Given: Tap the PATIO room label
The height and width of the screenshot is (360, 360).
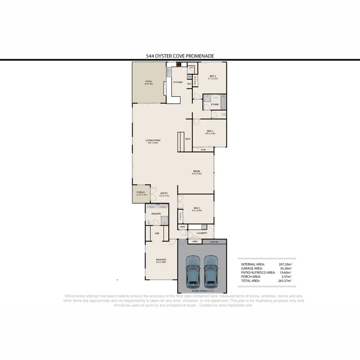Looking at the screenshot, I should click(x=148, y=83).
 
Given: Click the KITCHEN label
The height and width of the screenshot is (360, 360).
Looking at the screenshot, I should click(x=178, y=82).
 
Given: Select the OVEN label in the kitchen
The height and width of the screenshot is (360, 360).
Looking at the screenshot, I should click(x=189, y=76).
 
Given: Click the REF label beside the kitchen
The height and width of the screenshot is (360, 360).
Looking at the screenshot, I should click(x=189, y=84).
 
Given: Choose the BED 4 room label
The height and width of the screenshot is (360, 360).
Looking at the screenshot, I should click(x=212, y=77).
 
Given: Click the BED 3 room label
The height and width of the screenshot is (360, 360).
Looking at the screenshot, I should click(x=210, y=132).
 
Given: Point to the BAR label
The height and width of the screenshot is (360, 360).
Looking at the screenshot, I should click(x=188, y=139).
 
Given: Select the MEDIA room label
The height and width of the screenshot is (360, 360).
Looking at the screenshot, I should click(x=196, y=172).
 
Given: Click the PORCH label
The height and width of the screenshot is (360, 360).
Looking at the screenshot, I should click(x=140, y=193).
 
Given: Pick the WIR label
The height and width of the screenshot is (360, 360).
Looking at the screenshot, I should click(x=157, y=233).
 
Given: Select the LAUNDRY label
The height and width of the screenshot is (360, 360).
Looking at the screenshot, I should click(x=202, y=233).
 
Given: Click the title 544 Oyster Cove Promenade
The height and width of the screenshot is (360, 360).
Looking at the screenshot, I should click(x=180, y=56).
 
